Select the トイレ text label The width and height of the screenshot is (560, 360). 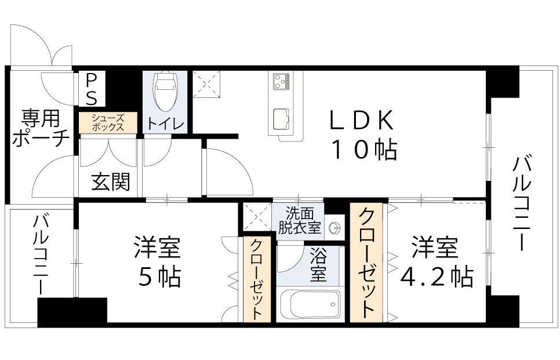point(166,123)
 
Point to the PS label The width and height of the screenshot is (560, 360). point(92,89)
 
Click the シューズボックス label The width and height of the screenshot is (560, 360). point(108,123)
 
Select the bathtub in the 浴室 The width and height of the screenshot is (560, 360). point(309,303)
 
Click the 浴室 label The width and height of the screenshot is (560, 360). point(318,264)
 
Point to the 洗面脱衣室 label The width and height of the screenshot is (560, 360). point(299,220)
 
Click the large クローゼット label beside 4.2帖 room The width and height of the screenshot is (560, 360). point(366,263)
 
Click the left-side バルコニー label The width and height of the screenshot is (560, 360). point(40,254)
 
